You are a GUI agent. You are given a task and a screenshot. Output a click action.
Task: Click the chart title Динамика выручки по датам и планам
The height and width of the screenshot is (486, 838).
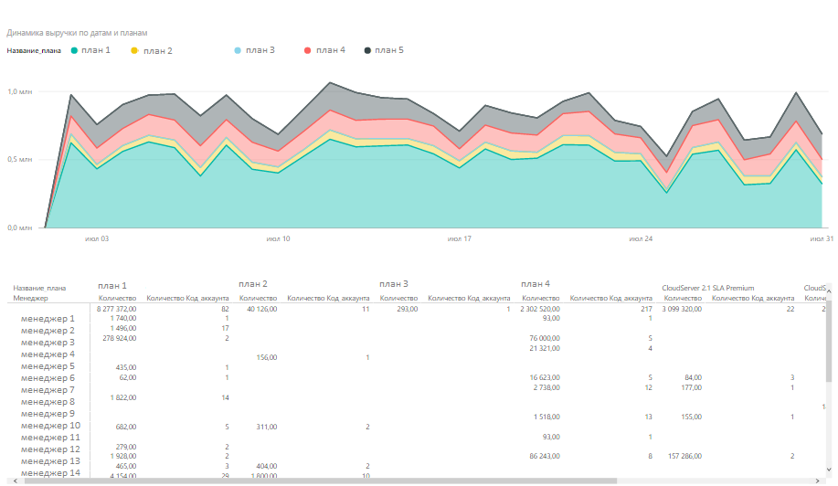point(78,33)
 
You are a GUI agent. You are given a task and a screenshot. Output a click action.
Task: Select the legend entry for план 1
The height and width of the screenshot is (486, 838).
point(95,50)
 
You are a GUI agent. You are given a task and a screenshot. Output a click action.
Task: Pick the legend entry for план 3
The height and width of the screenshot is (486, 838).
point(260,50)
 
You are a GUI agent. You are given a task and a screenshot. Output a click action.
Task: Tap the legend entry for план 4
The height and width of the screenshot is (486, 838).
point(330,50)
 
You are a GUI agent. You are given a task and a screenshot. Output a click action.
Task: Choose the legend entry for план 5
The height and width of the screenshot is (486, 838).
point(388,50)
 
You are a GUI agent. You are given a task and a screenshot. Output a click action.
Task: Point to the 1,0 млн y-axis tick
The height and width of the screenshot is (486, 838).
point(19,92)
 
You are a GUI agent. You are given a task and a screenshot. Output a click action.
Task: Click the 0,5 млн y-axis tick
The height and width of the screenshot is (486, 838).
point(19,160)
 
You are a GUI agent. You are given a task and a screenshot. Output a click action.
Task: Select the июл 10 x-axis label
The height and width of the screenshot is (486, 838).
point(278,238)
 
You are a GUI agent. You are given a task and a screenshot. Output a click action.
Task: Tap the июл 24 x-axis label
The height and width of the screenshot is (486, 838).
point(641,238)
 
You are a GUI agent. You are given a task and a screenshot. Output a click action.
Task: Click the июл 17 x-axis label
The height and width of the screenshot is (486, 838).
point(459,238)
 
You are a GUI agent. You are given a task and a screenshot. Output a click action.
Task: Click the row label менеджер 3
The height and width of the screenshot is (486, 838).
point(48,343)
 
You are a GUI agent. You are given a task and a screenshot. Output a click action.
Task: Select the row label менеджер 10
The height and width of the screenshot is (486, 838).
point(50,426)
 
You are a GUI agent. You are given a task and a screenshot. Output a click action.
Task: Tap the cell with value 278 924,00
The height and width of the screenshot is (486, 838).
point(116,338)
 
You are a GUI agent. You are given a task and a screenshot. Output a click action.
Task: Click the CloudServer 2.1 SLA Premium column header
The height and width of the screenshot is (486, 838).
point(708,288)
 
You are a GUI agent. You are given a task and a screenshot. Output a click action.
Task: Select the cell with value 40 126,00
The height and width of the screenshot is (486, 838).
point(258,310)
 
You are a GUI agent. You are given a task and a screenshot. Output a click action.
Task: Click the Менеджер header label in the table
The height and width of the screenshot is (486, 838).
point(29,298)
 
